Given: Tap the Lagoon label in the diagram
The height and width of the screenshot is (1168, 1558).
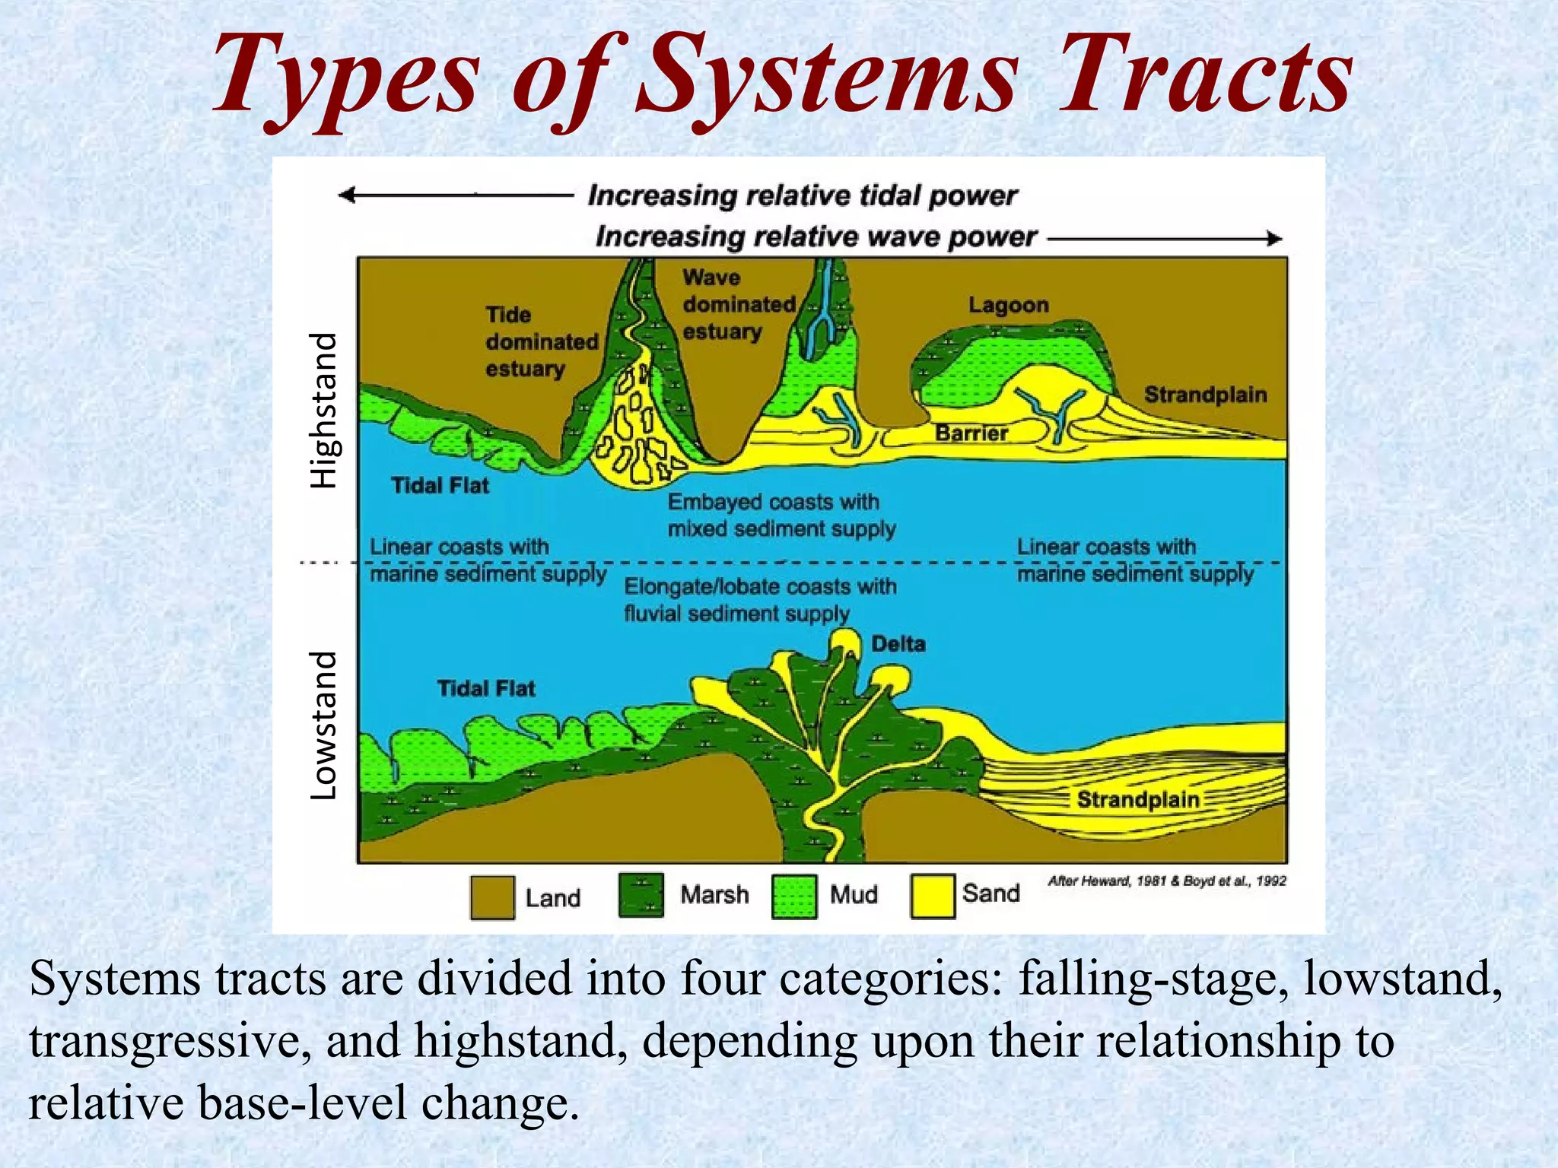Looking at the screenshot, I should (1008, 305).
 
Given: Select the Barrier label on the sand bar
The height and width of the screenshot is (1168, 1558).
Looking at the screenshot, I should (971, 433).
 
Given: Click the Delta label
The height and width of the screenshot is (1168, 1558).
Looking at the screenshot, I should (898, 644).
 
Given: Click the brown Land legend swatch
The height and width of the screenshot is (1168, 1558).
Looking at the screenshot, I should (492, 898).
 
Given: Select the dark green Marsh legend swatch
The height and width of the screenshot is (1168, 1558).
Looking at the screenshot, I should (641, 895).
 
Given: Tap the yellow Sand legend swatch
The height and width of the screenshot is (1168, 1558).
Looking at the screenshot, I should (933, 897).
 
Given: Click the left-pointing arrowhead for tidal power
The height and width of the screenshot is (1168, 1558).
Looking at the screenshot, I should (347, 195).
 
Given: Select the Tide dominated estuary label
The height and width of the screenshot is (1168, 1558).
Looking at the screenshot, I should (541, 341).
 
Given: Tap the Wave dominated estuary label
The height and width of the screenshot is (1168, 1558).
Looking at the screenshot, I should (737, 304).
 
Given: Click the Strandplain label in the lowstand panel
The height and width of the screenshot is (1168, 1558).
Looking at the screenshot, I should (1138, 799).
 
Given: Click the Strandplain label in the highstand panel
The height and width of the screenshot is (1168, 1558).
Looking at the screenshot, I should (1205, 395).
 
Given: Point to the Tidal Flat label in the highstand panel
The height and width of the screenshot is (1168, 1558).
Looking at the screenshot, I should (440, 485).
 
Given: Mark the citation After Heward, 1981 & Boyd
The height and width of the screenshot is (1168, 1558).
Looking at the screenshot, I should (1166, 881).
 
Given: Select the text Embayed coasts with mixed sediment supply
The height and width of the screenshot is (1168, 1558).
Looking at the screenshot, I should (781, 515).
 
